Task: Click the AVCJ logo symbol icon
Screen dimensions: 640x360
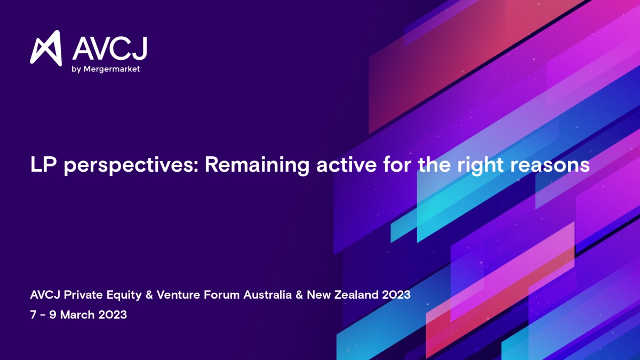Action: point(46,48)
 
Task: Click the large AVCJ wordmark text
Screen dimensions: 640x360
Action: point(110,49)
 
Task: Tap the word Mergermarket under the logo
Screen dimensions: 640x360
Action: point(111,69)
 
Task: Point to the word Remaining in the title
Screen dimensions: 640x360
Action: point(257,165)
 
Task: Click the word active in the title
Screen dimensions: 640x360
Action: point(346,165)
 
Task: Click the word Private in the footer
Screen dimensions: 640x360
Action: point(83,294)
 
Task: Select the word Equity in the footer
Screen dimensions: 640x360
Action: point(124,295)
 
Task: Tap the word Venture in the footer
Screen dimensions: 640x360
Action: point(178,294)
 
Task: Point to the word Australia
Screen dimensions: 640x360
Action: point(267,294)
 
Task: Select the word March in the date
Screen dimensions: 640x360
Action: point(77,315)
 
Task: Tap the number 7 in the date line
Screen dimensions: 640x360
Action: point(33,315)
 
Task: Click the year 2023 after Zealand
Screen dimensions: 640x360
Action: point(396,294)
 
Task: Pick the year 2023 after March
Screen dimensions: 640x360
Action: point(113,315)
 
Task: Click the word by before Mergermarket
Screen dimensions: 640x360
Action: point(76,69)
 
